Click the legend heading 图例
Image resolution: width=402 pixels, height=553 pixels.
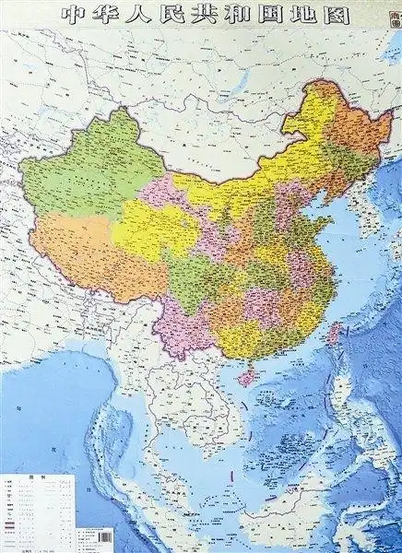pyautogui.click(x=29, y=478)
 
